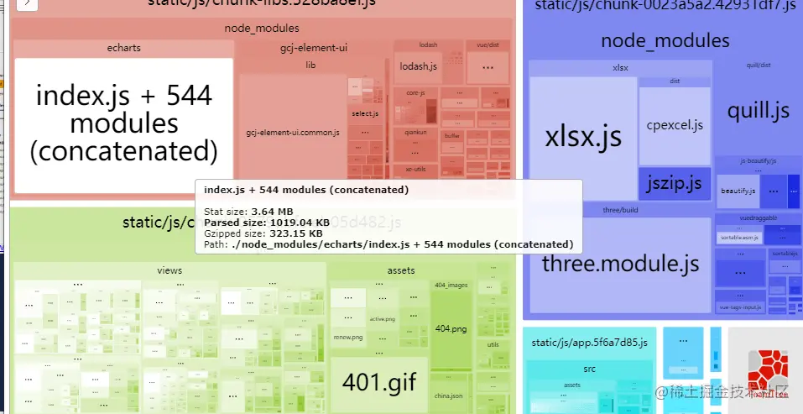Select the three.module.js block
pos(620,264)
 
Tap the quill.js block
pos(758,110)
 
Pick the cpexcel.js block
pos(675,125)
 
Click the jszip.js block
pos(675,181)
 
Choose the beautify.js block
pos(738,191)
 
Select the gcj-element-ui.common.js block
pos(292,133)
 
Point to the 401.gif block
pos(379,382)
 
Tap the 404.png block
pos(451,328)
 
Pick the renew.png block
pos(347,337)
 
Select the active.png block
pos(383,319)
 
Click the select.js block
pos(365,113)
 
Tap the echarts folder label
pos(123,48)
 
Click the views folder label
pos(169,271)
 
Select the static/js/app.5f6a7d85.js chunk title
pos(590,343)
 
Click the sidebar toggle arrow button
pos(27,3)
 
